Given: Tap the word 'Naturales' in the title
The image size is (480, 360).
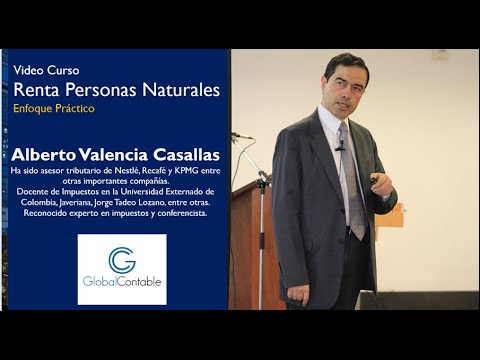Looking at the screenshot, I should coord(178,91).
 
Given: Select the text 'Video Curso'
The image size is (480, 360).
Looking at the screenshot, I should coord(46,71).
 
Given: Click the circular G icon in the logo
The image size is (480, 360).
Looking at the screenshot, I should coord(121,258).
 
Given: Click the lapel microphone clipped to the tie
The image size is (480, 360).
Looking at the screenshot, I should coord(340,147).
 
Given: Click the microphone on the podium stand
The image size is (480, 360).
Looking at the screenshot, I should coord(239,137).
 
